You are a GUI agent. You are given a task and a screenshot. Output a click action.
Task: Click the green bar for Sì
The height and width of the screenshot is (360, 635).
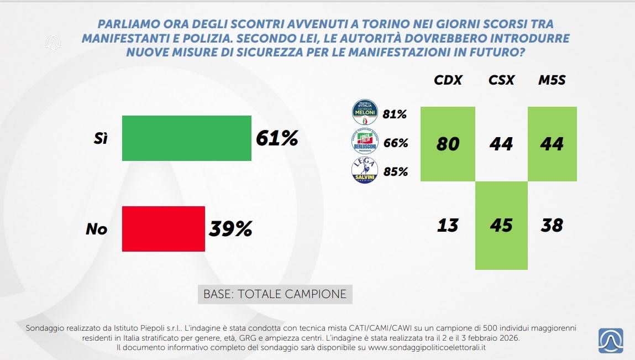[186, 138]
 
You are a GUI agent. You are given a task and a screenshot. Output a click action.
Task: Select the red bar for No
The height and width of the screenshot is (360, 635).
[163, 228]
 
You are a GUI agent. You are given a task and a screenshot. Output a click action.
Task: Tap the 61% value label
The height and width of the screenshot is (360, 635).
[277, 138]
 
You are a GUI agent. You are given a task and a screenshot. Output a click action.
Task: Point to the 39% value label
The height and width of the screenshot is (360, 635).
[230, 228]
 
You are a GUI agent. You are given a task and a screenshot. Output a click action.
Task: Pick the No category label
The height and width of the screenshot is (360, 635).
[96, 228]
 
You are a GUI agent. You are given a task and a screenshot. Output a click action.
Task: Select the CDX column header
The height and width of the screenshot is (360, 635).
[448, 80]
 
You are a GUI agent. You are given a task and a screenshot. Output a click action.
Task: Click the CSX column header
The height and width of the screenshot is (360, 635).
[501, 80]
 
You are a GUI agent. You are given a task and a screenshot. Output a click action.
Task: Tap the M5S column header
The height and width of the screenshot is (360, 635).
[552, 80]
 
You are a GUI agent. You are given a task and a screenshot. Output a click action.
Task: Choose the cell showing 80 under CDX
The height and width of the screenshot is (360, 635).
[448, 144]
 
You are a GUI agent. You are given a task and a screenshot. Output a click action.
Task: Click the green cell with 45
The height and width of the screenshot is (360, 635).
[501, 226]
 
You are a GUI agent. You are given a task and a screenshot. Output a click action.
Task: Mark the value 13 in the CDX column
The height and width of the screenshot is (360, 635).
[448, 226]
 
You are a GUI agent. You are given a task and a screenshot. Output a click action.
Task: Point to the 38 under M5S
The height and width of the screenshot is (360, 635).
[552, 226]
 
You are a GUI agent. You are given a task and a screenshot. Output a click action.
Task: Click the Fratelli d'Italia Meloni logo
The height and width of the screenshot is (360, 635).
[365, 113]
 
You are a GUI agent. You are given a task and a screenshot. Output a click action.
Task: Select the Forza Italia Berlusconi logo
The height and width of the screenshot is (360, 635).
[365, 142]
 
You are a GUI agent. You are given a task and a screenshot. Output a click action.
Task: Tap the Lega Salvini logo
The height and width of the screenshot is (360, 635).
[365, 171]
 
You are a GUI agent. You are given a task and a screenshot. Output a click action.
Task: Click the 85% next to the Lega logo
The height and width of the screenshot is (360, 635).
[396, 172]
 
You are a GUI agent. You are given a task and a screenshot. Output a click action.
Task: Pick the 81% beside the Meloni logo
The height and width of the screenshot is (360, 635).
[395, 115]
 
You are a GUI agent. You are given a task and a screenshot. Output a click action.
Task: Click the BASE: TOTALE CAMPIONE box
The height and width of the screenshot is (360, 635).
[275, 294]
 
